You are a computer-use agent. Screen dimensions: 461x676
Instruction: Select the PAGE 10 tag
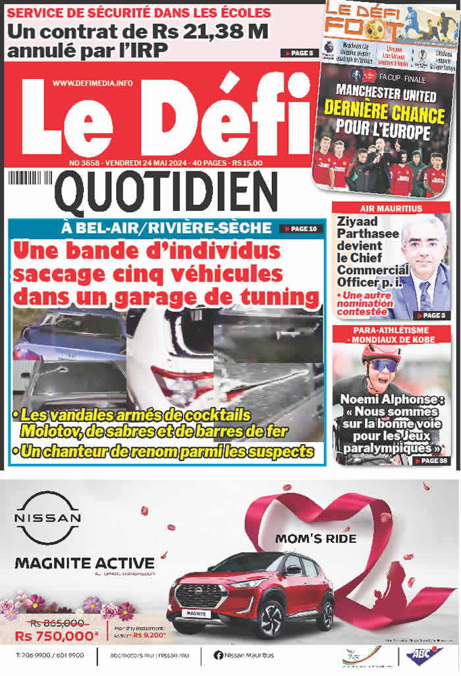pos(301,229)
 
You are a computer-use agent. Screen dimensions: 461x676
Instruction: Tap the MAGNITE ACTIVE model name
pos(84,563)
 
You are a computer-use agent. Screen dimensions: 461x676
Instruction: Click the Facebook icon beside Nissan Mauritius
pos(218,655)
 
